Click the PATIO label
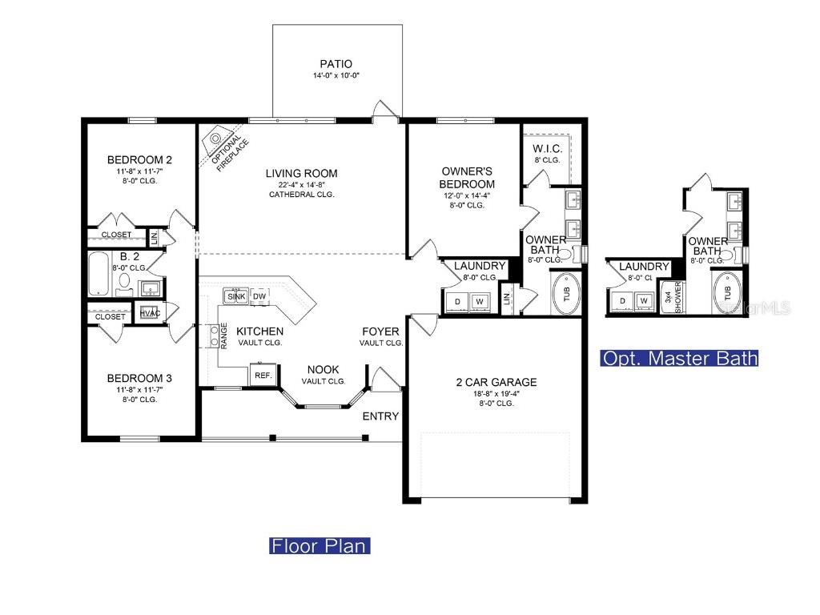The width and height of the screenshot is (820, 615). pyautogui.click(x=336, y=64)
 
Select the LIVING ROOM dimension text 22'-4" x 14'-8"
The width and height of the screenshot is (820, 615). pyautogui.click(x=302, y=185)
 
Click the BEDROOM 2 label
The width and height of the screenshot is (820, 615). pyautogui.click(x=139, y=160)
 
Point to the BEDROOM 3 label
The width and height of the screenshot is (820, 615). pyautogui.click(x=139, y=378)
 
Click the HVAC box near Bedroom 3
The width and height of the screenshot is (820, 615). pyautogui.click(x=149, y=313)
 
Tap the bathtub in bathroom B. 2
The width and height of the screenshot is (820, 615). pyautogui.click(x=99, y=274)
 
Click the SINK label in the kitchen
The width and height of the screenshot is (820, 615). pyautogui.click(x=236, y=296)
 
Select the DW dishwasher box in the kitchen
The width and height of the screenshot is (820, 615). pyautogui.click(x=259, y=296)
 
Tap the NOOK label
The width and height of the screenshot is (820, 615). pyautogui.click(x=324, y=370)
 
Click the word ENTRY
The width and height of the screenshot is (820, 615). pyautogui.click(x=380, y=416)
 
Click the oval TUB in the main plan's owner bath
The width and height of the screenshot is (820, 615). pyautogui.click(x=566, y=292)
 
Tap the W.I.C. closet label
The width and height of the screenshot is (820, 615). pyautogui.click(x=548, y=149)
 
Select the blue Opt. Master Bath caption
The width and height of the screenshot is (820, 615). pyautogui.click(x=679, y=358)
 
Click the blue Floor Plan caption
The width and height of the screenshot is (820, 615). pyautogui.click(x=320, y=546)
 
